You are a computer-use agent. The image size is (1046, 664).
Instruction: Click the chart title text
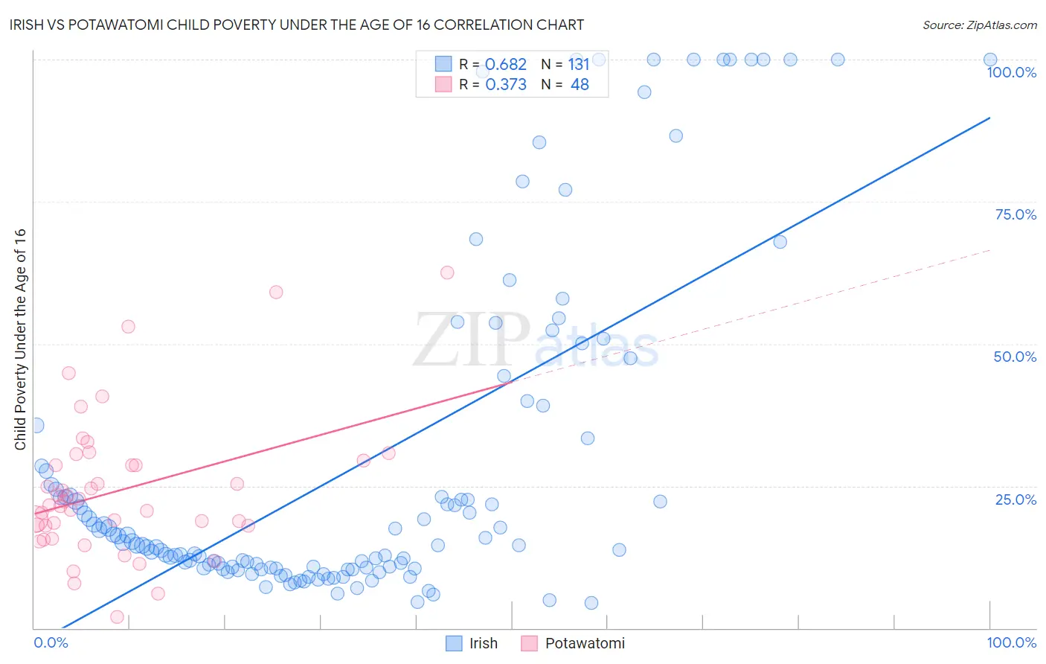(296, 25)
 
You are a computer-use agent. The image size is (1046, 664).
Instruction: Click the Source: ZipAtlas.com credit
(979, 25)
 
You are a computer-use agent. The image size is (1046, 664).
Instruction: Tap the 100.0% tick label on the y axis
(1011, 72)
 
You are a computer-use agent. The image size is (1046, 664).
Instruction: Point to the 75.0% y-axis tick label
(1015, 214)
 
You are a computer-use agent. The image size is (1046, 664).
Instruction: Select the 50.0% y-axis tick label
(1015, 357)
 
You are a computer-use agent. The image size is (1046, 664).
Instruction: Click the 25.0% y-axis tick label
(1015, 499)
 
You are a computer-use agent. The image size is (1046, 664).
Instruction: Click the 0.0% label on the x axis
(51, 642)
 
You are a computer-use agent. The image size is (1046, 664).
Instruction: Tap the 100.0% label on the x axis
(1011, 642)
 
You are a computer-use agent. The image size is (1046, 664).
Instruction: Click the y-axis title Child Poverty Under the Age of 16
(20, 339)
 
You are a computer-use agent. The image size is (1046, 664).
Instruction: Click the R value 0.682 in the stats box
(506, 65)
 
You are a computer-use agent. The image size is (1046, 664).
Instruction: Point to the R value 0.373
(506, 85)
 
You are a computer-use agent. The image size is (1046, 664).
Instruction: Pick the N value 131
(579, 65)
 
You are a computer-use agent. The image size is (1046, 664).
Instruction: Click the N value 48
(580, 85)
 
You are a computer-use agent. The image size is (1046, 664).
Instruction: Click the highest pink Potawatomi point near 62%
(447, 272)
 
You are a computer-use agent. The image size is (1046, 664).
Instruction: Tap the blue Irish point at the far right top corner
(990, 60)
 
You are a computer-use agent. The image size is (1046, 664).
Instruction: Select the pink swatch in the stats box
(443, 85)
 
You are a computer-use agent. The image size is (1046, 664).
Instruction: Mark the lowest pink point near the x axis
(117, 617)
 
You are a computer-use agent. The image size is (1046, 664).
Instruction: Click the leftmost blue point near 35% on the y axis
(36, 426)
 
